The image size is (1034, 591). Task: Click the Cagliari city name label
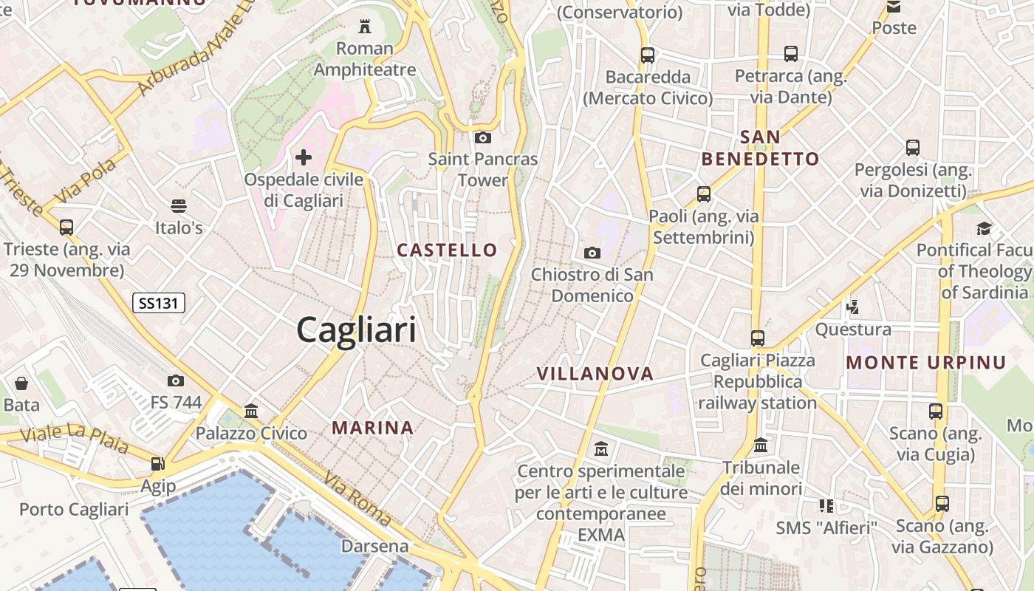[356, 329]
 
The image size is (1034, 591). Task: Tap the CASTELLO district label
[448, 250]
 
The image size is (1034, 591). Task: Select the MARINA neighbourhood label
[373, 427]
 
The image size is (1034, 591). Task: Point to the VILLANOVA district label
[595, 373]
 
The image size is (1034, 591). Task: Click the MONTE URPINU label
[926, 362]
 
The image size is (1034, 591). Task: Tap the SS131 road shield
[159, 302]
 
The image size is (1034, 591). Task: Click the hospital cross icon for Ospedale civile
[304, 157]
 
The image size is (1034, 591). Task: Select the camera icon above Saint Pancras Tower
[483, 137]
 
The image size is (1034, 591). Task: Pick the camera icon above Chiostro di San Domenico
[592, 253]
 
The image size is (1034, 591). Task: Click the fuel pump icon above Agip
[158, 464]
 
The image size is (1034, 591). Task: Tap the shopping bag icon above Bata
[21, 383]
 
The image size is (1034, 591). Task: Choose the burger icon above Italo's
[179, 205]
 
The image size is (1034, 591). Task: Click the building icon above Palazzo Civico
[251, 411]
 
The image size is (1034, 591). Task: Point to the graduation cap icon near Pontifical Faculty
[984, 228]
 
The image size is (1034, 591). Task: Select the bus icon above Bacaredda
[648, 55]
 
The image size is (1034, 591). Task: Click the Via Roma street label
[357, 501]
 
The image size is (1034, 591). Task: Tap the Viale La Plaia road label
[74, 437]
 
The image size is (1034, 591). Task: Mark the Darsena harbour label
[374, 547]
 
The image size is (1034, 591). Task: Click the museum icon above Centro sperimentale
[601, 448]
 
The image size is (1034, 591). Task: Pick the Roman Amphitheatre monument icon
[364, 27]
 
